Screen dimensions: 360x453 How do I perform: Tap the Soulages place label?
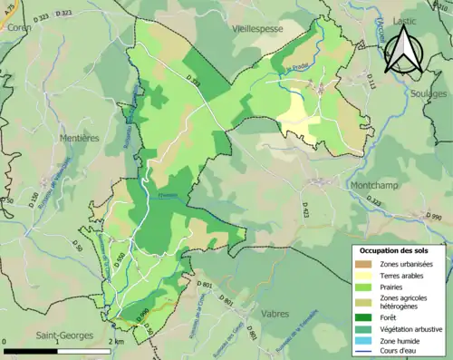click(429, 93)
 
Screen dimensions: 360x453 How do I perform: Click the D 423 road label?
click(304, 211)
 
